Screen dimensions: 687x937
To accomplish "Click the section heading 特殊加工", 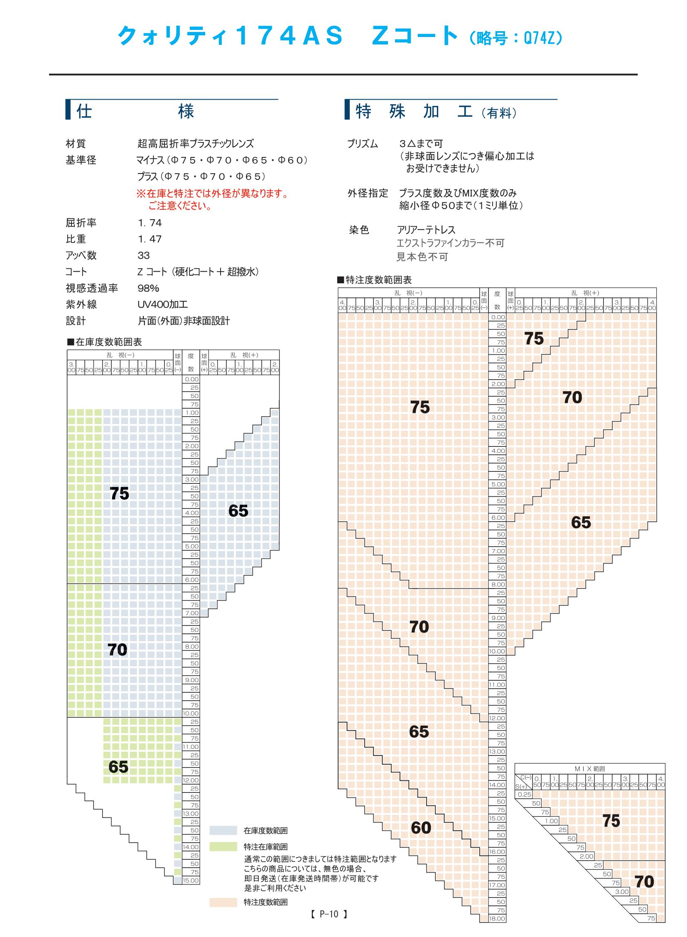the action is (x=414, y=111).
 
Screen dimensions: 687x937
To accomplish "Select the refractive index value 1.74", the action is (x=150, y=223).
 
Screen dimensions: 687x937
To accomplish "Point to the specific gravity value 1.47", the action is (x=150, y=239).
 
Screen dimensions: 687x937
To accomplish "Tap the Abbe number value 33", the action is (x=143, y=255).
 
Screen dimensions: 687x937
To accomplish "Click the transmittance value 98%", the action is (x=148, y=288).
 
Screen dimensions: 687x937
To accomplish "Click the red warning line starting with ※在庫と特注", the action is (x=212, y=194).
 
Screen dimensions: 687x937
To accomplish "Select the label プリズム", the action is (x=363, y=144).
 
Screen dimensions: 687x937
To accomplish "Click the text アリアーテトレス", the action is (x=426, y=230).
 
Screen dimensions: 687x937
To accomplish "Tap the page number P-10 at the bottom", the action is (x=329, y=914).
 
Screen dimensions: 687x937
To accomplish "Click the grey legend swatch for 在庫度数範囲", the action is (x=223, y=831).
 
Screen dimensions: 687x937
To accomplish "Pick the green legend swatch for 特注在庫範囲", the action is (x=223, y=847).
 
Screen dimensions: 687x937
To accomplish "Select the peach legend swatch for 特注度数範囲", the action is (x=223, y=902).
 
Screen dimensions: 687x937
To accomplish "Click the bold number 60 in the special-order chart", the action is (x=421, y=828).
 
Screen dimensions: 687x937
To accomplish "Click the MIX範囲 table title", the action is (x=589, y=769).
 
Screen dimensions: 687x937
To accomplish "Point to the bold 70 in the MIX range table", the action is (x=644, y=882).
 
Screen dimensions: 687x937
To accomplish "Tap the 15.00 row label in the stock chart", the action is (x=191, y=881).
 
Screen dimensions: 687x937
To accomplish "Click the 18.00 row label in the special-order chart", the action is (x=497, y=919).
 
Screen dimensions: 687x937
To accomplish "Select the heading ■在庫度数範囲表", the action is (x=104, y=342).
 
